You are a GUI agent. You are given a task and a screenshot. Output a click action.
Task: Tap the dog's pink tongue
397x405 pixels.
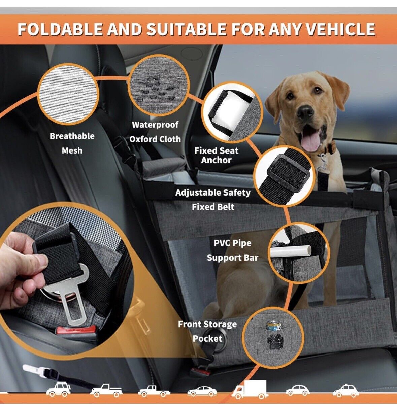(x=309, y=142)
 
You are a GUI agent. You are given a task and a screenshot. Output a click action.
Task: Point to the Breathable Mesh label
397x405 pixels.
(x=72, y=143)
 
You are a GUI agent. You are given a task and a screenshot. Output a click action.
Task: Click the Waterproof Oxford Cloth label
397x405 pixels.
(x=155, y=132)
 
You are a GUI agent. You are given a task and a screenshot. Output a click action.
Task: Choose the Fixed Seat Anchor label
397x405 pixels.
(x=216, y=155)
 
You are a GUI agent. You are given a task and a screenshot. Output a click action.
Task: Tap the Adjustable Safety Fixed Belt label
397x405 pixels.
(x=213, y=200)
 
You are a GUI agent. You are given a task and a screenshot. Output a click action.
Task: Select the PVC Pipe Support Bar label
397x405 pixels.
(x=233, y=250)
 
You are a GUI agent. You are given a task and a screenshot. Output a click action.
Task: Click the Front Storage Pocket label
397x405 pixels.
(x=207, y=331)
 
